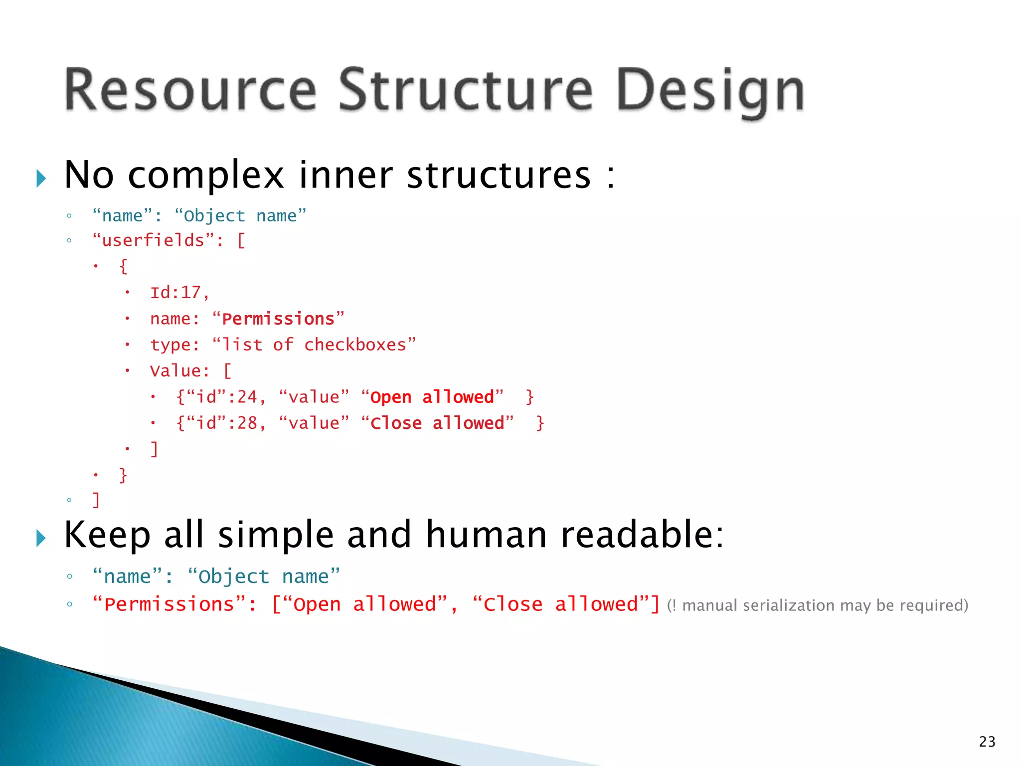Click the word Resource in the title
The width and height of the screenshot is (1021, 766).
pyautogui.click(x=190, y=90)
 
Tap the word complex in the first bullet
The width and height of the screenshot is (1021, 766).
pyautogui.click(x=206, y=176)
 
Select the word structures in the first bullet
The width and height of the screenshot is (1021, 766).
pyautogui.click(x=499, y=176)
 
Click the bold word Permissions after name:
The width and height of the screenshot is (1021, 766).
pyautogui.click(x=278, y=319)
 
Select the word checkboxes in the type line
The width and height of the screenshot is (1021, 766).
pyautogui.click(x=355, y=345)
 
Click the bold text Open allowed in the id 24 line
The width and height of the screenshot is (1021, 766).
pyautogui.click(x=432, y=397)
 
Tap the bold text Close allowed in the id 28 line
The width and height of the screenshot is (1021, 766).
pyautogui.click(x=437, y=423)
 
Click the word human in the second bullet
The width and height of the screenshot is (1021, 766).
pyautogui.click(x=487, y=535)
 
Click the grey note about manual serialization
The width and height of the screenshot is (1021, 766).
pyautogui.click(x=818, y=605)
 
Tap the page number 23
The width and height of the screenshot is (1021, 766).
pyautogui.click(x=987, y=742)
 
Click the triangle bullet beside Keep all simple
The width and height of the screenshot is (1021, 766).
pyautogui.click(x=41, y=538)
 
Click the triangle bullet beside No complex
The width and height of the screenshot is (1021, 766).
pyautogui.click(x=41, y=179)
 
